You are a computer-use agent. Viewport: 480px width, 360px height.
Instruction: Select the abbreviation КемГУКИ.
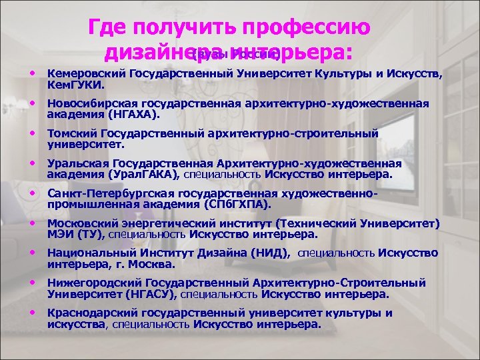(73, 85)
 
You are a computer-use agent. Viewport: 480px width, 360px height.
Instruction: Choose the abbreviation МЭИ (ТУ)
(75, 234)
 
